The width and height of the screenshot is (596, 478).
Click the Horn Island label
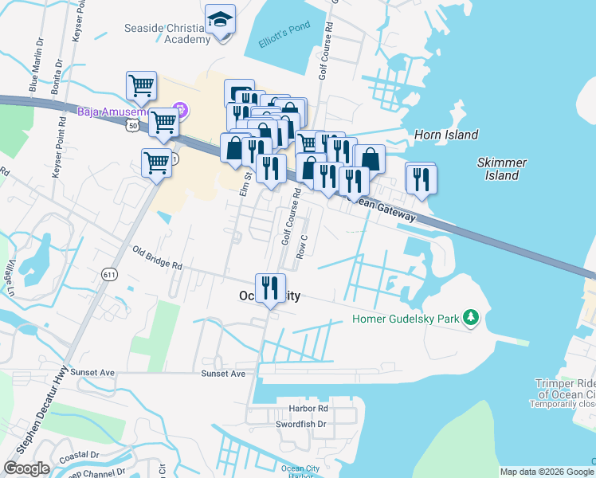[x=445, y=135]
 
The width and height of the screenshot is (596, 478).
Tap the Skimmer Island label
[x=502, y=168]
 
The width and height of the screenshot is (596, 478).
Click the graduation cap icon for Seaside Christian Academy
[x=221, y=21]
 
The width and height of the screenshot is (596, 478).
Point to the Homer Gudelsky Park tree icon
[x=472, y=319]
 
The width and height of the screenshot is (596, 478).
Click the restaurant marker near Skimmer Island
[x=420, y=178]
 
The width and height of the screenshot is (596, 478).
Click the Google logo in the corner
[x=27, y=468]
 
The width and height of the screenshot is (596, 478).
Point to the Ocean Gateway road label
[x=386, y=210]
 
